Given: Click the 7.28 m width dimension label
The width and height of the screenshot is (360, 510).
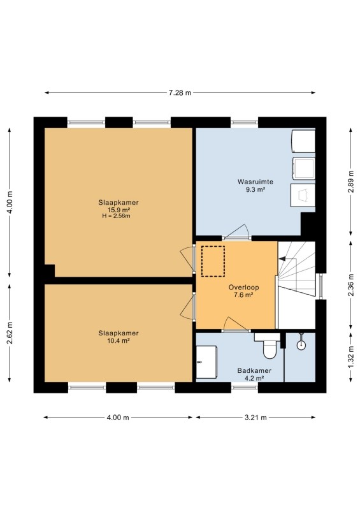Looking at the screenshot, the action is coord(180,92).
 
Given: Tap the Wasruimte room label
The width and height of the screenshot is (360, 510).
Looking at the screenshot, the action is coord(256,182).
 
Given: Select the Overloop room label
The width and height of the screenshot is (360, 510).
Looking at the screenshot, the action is coord(243,288).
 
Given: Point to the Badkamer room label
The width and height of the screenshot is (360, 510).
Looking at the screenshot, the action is coord(254,370).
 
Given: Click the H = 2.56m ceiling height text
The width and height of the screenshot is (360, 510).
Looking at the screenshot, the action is coord(116,216).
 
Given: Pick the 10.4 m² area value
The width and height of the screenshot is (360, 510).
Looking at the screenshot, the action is coord(119,341).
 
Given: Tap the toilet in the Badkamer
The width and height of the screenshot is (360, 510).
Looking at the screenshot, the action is coord(269,346).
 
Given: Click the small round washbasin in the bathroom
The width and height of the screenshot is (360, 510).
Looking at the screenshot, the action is coord(301,344).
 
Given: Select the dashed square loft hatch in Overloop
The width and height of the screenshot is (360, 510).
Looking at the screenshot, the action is coord(213,261).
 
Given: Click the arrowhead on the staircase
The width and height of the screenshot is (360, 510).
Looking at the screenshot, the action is coord(282,259).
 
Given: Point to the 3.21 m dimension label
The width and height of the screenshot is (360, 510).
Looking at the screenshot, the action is coord(256,418).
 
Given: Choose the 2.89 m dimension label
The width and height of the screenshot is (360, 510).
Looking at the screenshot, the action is coord(351,182).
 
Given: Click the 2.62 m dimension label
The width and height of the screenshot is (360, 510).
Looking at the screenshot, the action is coord(10,333).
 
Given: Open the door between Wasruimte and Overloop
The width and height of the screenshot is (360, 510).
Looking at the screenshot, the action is coord(236,232).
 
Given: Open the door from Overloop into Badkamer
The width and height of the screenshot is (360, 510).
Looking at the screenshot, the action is coord(236,324).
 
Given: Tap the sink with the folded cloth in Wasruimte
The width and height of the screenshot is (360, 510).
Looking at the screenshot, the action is coord(303,195).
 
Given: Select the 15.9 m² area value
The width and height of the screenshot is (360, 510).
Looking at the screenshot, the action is coord(119,210).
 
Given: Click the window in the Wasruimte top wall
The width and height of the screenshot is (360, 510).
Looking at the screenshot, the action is coord(245,122).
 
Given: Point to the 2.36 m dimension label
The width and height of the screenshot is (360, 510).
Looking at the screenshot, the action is coord(351,285).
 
